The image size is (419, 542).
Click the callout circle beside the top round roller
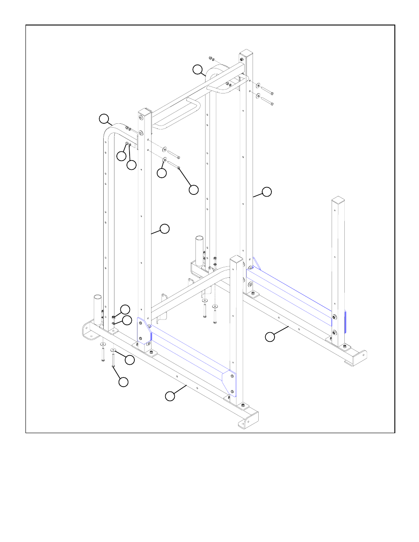[x=198, y=69]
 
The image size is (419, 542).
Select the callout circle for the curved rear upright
[x=104, y=119]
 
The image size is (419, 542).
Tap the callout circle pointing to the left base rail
[x=170, y=396]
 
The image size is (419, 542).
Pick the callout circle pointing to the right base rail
[x=270, y=337]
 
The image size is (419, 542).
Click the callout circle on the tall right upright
[x=267, y=192]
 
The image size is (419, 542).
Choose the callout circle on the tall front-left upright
[x=164, y=229]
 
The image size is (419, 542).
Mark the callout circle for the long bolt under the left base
[x=123, y=382]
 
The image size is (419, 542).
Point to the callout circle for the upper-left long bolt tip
[x=193, y=190]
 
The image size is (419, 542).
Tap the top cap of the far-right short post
[x=338, y=201]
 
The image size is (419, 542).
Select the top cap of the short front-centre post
[x=236, y=260]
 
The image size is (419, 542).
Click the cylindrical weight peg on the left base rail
[x=98, y=309]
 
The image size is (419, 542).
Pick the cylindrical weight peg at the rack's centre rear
[x=199, y=250]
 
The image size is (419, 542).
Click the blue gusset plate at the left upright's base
[x=144, y=331]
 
